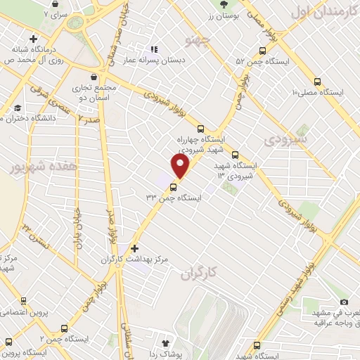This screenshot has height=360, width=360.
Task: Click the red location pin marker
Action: tap(181, 166)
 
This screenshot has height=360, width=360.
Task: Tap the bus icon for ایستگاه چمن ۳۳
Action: tap(174, 186)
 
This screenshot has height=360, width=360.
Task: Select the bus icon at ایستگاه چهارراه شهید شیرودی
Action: tap(201, 129)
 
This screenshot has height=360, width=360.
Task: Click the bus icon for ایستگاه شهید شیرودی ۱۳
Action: tap(235, 155)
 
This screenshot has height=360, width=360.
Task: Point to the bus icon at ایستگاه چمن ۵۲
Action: tap(262, 51)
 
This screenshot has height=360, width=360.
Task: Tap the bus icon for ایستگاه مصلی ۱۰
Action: tap(318, 82)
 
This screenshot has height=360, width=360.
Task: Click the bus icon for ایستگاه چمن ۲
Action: tap(65, 328)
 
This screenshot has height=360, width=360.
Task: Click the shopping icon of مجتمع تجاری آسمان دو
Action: tap(94, 77)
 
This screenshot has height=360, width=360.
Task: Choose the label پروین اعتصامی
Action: tap(24, 311)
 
